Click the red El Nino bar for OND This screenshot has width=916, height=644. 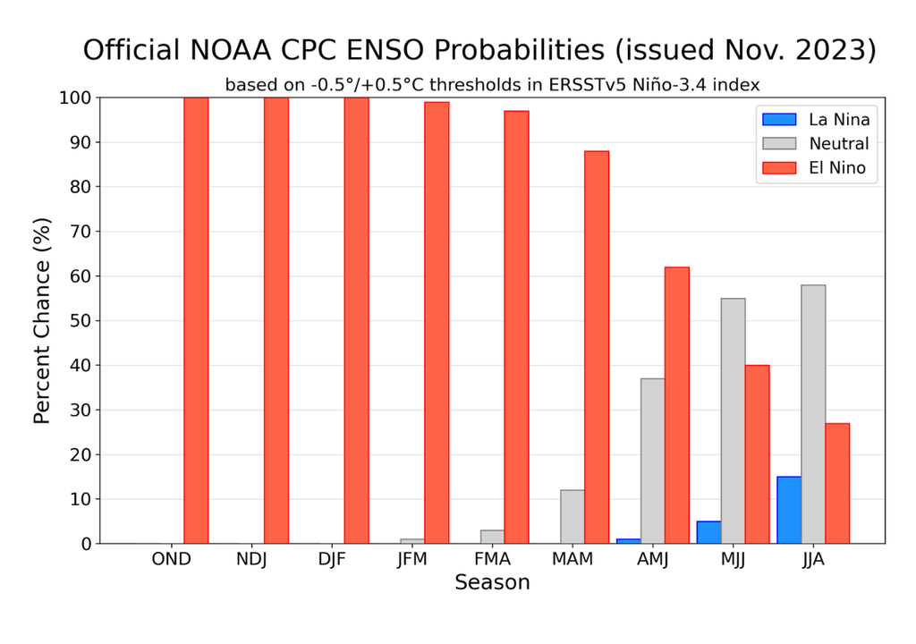coord(196,320)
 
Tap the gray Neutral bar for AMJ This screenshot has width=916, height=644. coord(653,461)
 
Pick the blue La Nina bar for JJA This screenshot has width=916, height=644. coord(789,510)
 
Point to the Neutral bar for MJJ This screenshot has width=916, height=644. coord(733,420)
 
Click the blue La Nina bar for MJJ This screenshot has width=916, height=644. coord(708,532)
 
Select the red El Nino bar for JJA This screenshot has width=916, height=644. coord(837,483)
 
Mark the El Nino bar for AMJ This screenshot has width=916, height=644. coord(677,404)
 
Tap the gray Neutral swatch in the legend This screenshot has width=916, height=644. coord(778,144)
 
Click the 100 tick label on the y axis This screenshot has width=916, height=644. coord(75,97)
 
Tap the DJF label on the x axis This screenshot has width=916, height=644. coord(332,560)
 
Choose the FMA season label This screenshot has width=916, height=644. coord(492,560)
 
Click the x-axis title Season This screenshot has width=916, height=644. coord(492,583)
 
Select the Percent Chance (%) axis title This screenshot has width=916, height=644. coord(42,320)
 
